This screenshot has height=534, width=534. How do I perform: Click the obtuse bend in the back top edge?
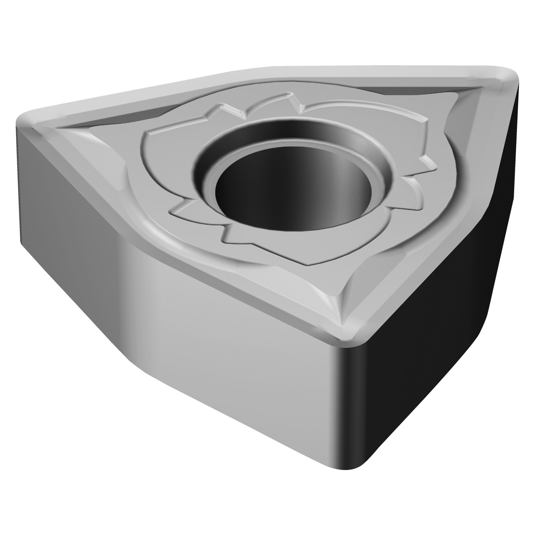[x=256, y=69]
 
